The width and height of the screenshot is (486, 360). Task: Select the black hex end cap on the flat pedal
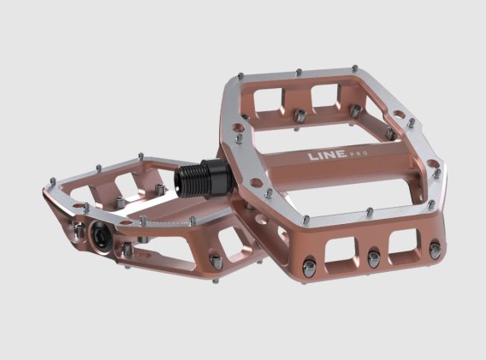101,236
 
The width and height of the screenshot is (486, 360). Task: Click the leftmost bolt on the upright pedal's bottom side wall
310,267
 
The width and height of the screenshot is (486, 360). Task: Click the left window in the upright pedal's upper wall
269,99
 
